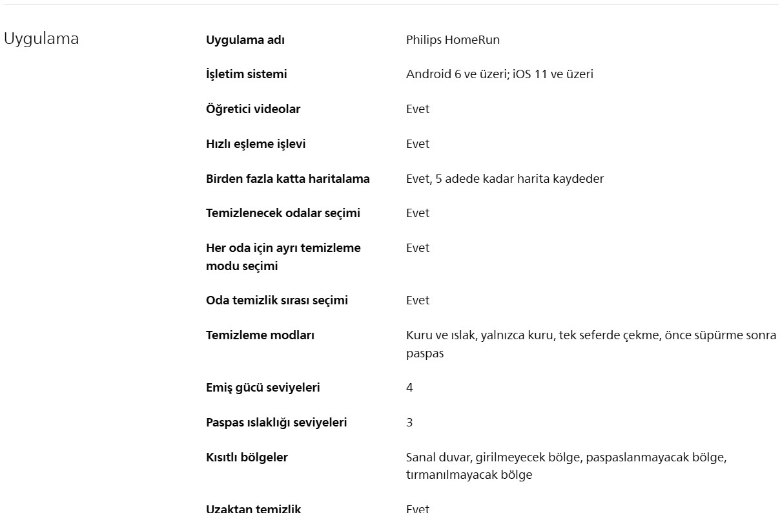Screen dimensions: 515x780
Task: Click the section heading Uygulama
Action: pyautogui.click(x=41, y=39)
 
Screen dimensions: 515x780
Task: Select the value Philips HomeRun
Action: pyautogui.click(x=453, y=40)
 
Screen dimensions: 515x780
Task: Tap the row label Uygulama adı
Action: pyautogui.click(x=245, y=40)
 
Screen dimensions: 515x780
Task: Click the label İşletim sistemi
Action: pyautogui.click(x=246, y=74)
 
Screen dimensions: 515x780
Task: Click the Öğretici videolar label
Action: pyautogui.click(x=252, y=109)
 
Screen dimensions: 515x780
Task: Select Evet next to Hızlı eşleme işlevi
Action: pyautogui.click(x=417, y=144)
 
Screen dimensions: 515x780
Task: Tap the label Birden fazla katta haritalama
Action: pyautogui.click(x=287, y=179)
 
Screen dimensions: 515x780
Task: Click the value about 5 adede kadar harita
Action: pyautogui.click(x=504, y=179)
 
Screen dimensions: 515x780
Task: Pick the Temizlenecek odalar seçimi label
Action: pyautogui.click(x=283, y=213)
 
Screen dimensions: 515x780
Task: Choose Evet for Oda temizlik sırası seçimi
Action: pyautogui.click(x=417, y=300)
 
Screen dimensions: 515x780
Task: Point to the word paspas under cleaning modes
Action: pyautogui.click(x=425, y=354)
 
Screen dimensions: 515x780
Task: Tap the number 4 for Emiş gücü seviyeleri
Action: pyautogui.click(x=409, y=388)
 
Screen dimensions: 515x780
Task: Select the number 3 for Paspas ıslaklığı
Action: pyautogui.click(x=409, y=423)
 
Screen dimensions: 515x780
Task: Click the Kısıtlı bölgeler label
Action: pyautogui.click(x=247, y=457)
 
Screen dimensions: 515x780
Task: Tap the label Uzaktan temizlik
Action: pyautogui.click(x=253, y=509)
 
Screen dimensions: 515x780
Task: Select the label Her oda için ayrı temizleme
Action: pyautogui.click(x=283, y=248)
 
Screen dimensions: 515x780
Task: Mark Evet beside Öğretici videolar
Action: pyautogui.click(x=417, y=109)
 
